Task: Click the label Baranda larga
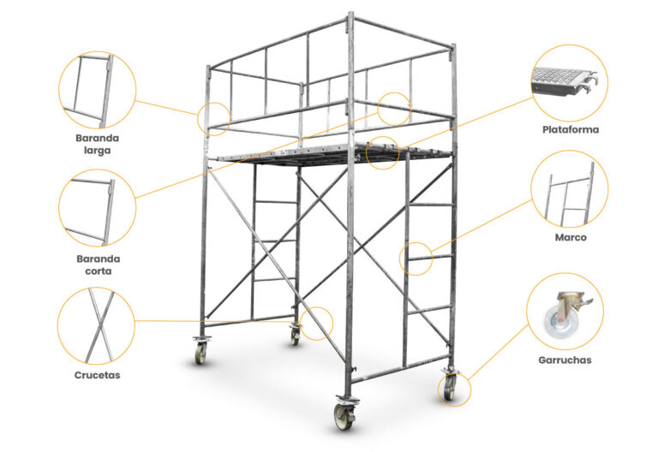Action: [98, 144]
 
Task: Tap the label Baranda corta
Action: [99, 265]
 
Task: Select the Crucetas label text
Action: [98, 375]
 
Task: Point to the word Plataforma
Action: [571, 129]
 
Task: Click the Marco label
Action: [571, 237]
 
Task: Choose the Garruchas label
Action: [565, 360]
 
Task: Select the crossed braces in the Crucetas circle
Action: [99, 325]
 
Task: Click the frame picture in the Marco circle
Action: [569, 193]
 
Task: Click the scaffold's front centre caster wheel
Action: [344, 415]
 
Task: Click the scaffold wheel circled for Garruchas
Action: [450, 388]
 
